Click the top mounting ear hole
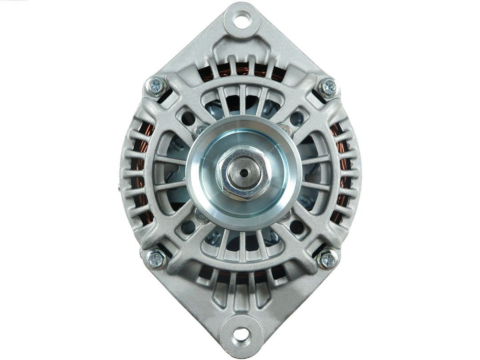(x=240, y=19)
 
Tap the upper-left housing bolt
(x=156, y=86)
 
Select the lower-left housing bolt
(x=156, y=259)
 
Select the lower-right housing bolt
(x=327, y=259)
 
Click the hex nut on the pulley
(x=243, y=172)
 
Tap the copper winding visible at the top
(x=242, y=69)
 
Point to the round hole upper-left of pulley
(x=188, y=118)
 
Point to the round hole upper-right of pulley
(x=296, y=118)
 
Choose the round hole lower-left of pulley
(x=188, y=227)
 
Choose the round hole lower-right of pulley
(x=296, y=227)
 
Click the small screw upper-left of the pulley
(x=200, y=130)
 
